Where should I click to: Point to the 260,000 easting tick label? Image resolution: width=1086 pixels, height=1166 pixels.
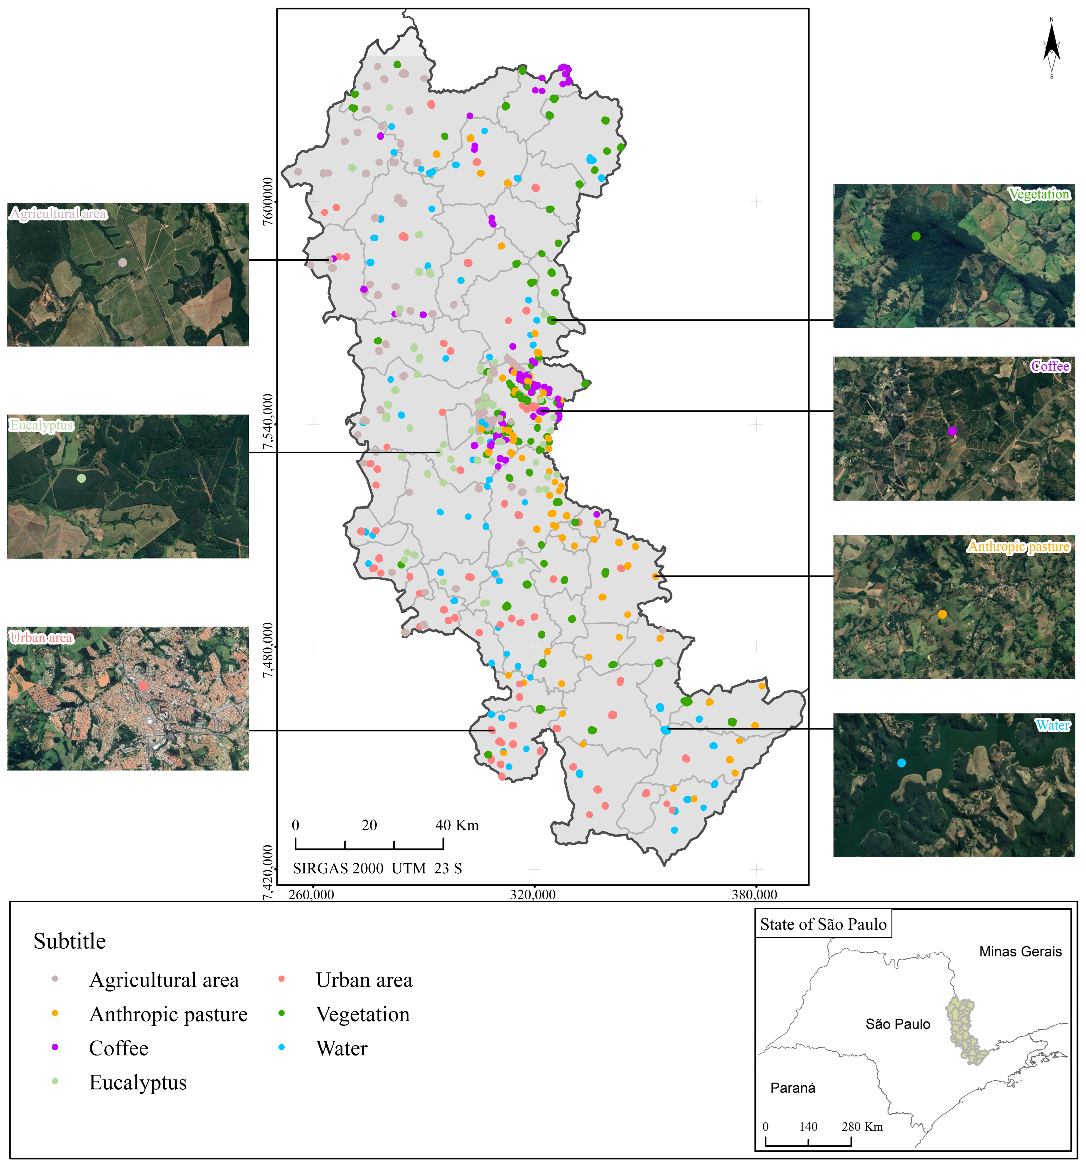pyautogui.click(x=311, y=894)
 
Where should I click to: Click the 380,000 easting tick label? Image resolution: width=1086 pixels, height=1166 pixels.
pyautogui.click(x=755, y=894)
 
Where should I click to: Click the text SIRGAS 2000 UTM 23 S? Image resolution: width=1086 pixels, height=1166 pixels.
pyautogui.click(x=377, y=868)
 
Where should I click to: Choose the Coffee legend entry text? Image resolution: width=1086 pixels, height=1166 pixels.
pyautogui.click(x=119, y=1048)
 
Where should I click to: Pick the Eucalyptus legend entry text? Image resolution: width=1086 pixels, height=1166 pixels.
pyautogui.click(x=138, y=1082)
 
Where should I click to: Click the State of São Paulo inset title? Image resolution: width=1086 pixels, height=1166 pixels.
pyautogui.click(x=823, y=924)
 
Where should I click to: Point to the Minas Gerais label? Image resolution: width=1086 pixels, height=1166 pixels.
pyautogui.click(x=1020, y=951)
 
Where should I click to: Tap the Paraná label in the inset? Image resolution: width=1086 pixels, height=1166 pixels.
pyautogui.click(x=793, y=1088)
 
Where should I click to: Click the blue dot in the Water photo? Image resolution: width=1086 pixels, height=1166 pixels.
pyautogui.click(x=901, y=763)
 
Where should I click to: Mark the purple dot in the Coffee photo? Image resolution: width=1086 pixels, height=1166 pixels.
pyautogui.click(x=952, y=431)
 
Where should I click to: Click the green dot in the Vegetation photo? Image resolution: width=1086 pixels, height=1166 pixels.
pyautogui.click(x=916, y=236)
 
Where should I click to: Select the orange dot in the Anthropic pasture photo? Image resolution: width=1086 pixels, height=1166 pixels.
pyautogui.click(x=942, y=614)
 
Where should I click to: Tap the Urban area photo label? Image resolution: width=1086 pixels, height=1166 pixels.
pyautogui.click(x=42, y=638)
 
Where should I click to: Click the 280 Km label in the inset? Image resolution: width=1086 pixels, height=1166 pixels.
pyautogui.click(x=862, y=1127)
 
